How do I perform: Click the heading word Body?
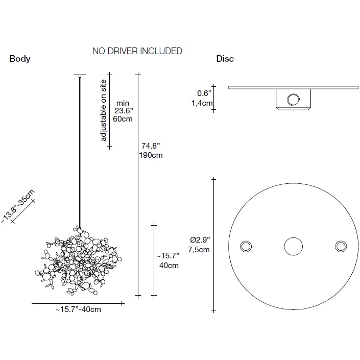tap(20, 59)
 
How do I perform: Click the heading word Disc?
tap(225, 59)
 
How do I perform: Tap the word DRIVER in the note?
tap(123, 51)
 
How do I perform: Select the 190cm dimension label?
tap(151, 155)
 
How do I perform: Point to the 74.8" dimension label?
tap(151, 146)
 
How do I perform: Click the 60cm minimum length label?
tap(123, 119)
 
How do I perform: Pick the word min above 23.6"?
tap(123, 103)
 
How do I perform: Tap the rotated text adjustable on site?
tap(104, 110)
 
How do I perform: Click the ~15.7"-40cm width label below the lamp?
tap(78, 309)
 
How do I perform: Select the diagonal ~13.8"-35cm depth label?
tap(18, 206)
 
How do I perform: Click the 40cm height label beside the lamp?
tap(169, 266)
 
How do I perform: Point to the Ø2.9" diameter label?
tap(200, 240)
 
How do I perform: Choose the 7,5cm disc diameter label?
tap(199, 250)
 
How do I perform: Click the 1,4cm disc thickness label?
tap(202, 103)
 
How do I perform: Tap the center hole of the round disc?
tap(294, 246)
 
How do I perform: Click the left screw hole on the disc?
tap(246, 246)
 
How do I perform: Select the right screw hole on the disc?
tap(341, 246)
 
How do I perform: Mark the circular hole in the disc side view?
tap(294, 100)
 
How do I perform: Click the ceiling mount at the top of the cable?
tap(80, 76)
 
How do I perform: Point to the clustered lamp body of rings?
tap(79, 260)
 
